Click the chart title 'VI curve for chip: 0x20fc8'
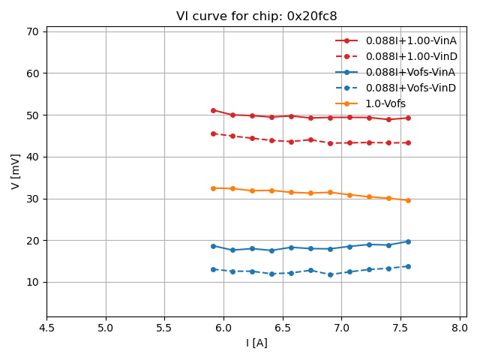[256, 16]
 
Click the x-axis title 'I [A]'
[256, 343]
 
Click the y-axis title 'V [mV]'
[15, 171]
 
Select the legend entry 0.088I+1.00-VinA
[410, 40]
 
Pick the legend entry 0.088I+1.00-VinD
[411, 56]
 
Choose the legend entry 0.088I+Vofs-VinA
[410, 72]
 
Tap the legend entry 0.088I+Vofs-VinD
[411, 88]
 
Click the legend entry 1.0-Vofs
[385, 103]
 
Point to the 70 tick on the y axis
[34, 31]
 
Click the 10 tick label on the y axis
[34, 282]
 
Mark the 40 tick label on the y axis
[34, 157]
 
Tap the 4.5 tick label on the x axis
[46, 328]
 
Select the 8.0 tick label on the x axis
[460, 328]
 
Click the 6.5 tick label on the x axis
[283, 328]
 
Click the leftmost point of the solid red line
[213, 110]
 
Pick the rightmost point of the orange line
[408, 200]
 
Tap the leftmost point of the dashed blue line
[213, 269]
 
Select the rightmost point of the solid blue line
[408, 241]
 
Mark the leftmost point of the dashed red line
[213, 133]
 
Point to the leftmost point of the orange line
[213, 188]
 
